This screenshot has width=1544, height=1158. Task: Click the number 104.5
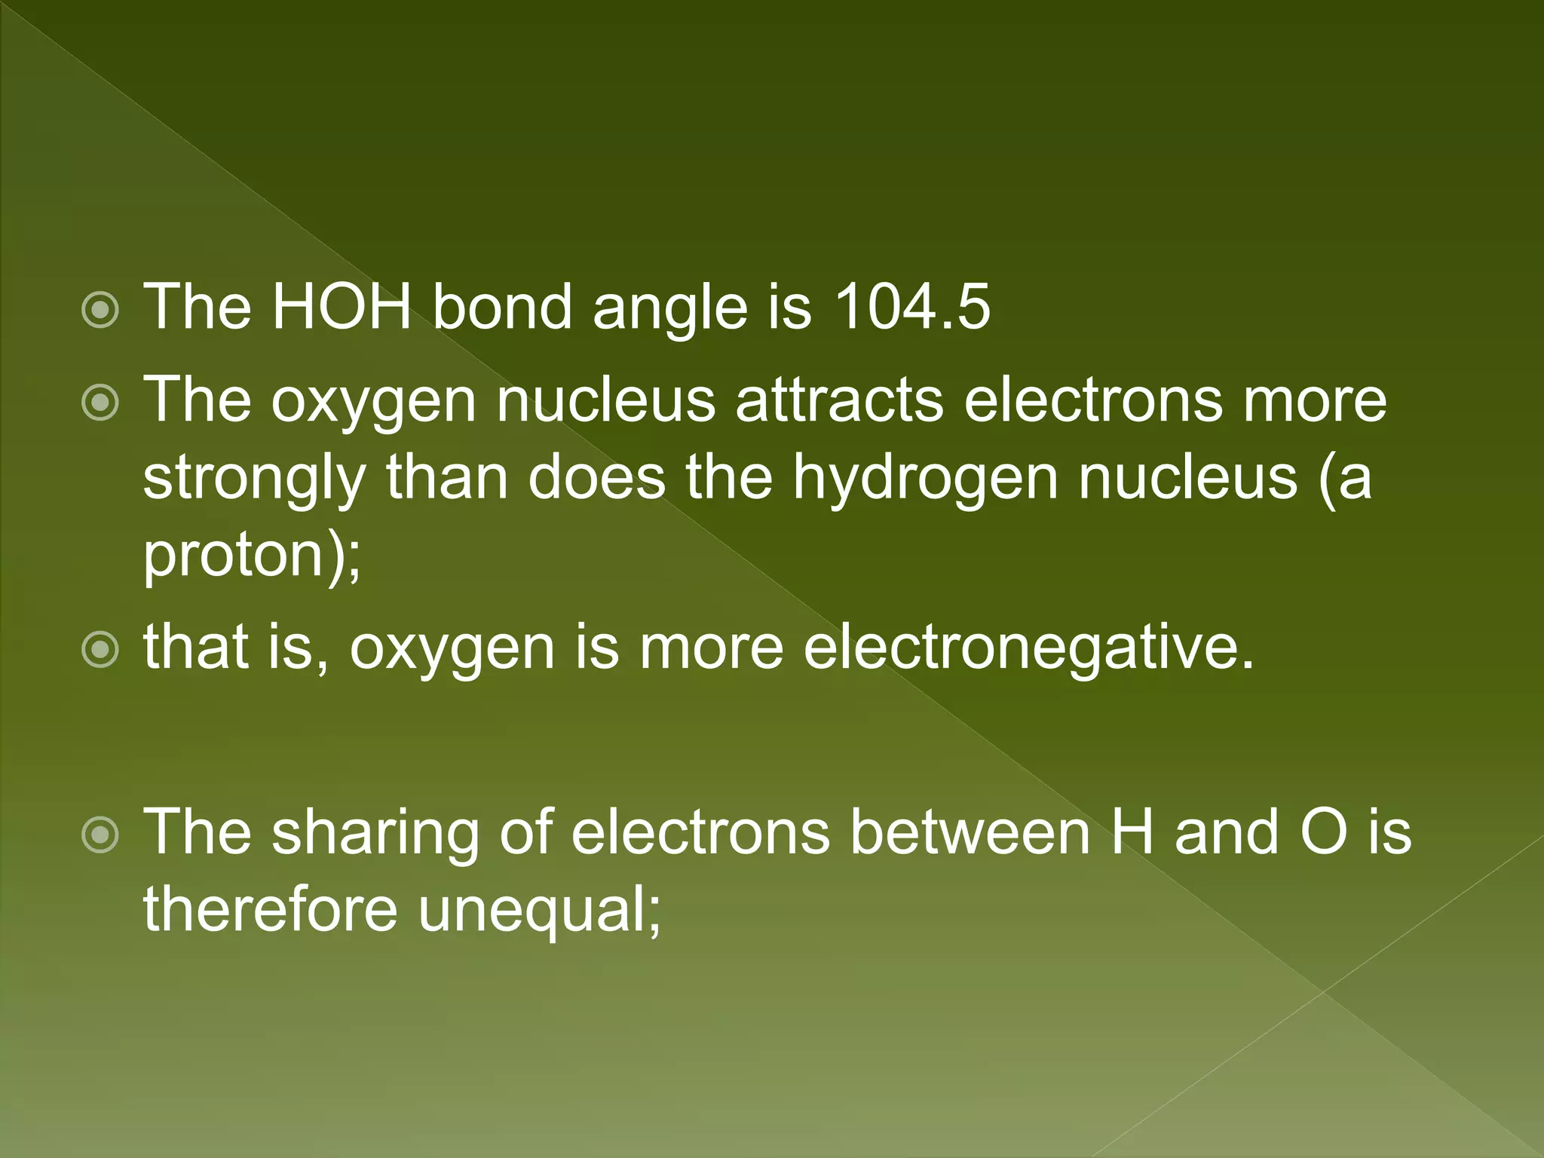[911, 307]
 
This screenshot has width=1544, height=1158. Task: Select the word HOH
[341, 307]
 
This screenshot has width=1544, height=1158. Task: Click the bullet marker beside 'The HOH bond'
[100, 310]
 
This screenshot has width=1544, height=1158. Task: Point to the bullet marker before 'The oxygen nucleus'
[100, 403]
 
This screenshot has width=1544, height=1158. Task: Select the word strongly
[254, 479]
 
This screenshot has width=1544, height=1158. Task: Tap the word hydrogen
[925, 479]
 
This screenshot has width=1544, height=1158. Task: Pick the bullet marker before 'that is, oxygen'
[100, 650]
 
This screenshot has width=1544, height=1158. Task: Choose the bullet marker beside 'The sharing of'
[100, 835]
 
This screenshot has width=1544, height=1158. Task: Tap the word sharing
[375, 833]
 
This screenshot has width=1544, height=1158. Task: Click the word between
[970, 832]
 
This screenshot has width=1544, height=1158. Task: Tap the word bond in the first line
[502, 307]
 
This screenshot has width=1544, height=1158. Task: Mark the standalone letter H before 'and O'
[1132, 832]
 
